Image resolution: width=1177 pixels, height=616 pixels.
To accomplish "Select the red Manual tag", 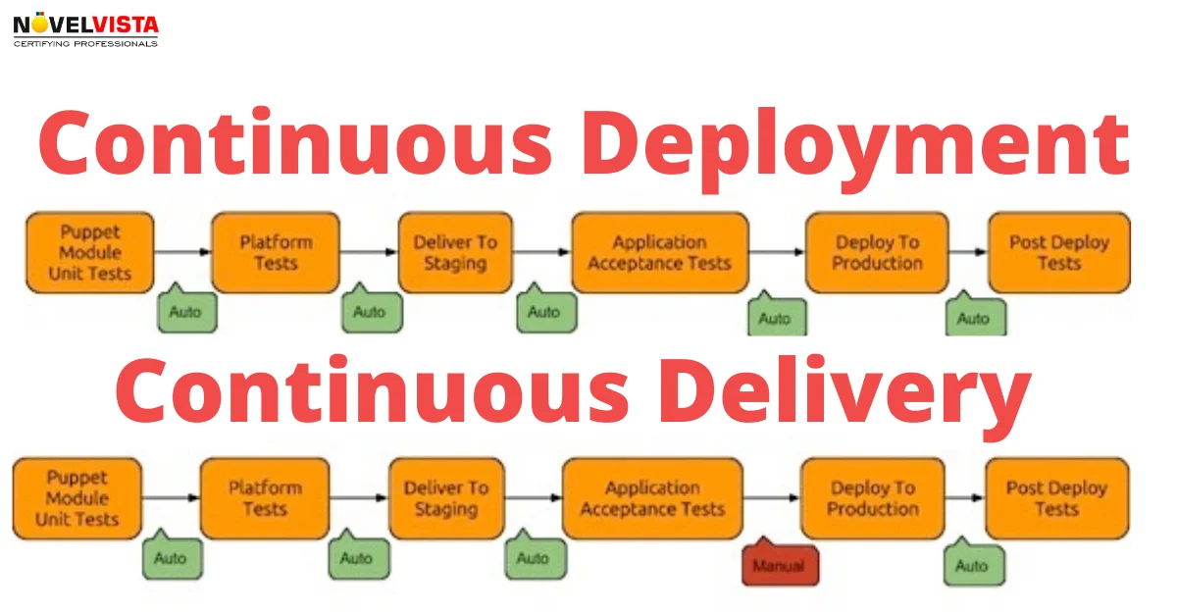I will [779, 564].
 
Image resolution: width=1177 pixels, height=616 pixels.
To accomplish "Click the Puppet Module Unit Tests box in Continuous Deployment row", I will [90, 252].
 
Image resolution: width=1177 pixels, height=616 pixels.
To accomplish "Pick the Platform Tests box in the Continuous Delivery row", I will [265, 498].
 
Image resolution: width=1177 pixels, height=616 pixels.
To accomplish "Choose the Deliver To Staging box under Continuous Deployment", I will [455, 252].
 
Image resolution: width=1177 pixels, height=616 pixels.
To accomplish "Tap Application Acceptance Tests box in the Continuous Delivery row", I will [652, 498].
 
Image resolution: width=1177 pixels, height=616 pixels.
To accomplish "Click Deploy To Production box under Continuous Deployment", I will [878, 252].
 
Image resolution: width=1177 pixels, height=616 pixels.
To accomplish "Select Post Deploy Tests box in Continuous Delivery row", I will [1056, 498].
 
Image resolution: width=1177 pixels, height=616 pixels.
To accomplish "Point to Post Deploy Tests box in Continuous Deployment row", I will [1058, 252].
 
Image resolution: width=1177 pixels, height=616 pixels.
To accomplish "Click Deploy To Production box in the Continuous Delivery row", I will [872, 498].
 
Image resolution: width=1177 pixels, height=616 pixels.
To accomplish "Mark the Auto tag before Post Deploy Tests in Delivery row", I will [971, 564].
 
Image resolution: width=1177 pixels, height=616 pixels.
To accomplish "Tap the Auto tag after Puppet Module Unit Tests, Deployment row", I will [186, 311].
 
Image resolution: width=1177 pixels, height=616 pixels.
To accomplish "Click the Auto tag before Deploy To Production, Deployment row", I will [774, 317].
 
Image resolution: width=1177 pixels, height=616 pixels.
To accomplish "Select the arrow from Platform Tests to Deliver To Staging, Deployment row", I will [369, 252].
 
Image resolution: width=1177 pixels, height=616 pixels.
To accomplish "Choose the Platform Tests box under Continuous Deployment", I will [276, 252].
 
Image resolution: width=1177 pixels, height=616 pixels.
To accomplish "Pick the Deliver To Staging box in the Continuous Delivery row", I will [446, 498].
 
